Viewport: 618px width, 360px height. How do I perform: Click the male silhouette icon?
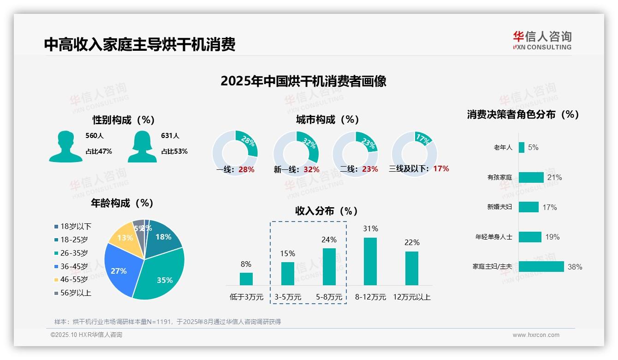click(65, 146)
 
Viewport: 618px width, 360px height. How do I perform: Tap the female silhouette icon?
click(142, 146)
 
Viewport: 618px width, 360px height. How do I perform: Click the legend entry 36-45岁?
click(74, 266)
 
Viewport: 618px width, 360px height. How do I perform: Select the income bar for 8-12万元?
click(370, 261)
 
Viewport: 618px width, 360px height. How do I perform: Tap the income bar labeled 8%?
click(246, 279)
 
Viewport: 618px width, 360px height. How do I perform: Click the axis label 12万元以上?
click(412, 297)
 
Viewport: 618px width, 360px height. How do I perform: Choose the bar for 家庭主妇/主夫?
click(541, 267)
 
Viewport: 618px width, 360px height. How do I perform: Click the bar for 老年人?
click(522, 147)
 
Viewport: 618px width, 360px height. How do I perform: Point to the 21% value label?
click(554, 178)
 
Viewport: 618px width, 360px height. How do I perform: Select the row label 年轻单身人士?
click(493, 237)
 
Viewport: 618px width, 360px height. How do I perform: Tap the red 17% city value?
click(441, 169)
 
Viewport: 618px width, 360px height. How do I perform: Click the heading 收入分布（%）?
click(327, 211)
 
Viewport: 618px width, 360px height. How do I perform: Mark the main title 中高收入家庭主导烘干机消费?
click(140, 44)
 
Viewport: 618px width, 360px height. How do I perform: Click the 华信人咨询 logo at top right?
click(542, 40)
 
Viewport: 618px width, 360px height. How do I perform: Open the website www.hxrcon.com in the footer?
click(536, 335)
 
